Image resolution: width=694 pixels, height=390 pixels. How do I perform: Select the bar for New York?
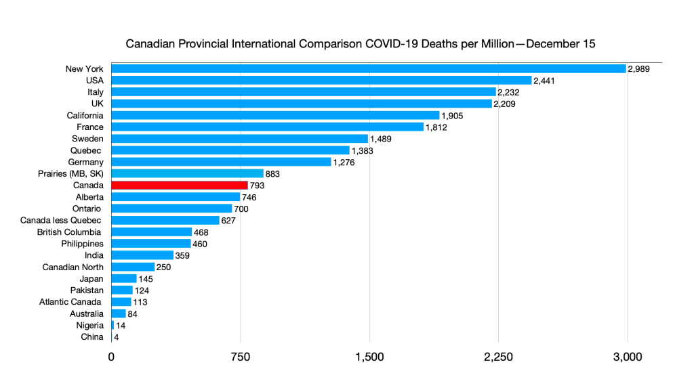point(368,68)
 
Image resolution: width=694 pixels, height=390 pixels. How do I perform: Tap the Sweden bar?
point(239,139)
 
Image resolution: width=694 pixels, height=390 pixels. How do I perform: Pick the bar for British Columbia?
point(151,232)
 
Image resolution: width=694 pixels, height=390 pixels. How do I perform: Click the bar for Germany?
point(221,162)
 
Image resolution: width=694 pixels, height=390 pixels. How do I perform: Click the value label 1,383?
point(363,150)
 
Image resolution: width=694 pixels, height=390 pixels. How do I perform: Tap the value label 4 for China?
point(117,337)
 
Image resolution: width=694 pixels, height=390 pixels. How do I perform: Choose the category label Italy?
point(95,92)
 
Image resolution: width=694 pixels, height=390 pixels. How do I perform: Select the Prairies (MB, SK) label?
point(70,173)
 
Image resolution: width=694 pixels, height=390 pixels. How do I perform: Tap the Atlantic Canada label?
point(70,301)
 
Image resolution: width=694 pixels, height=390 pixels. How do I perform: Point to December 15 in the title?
point(560,45)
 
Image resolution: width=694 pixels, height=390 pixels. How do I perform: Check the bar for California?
point(275,115)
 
